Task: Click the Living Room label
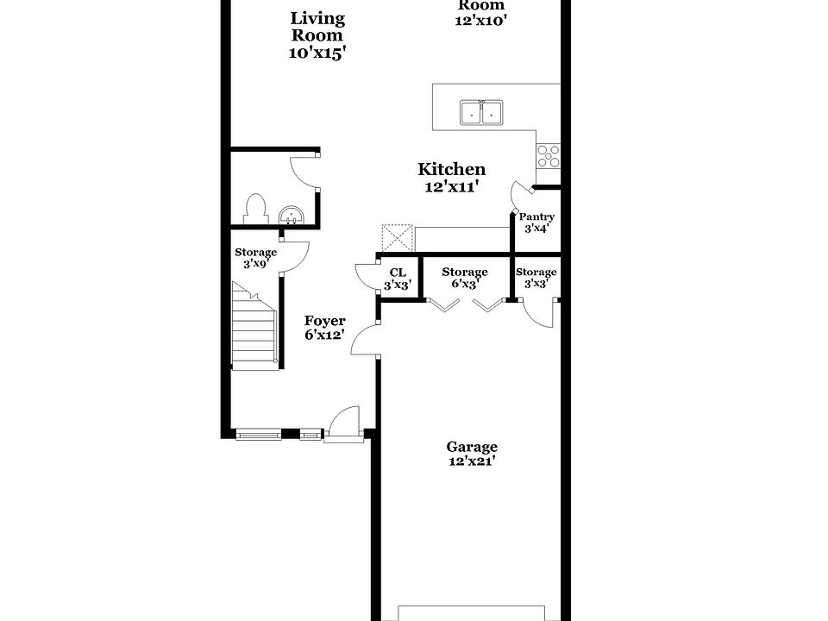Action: [x=317, y=27]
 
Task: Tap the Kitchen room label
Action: [x=451, y=170]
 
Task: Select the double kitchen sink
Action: [x=481, y=112]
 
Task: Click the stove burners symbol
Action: [x=548, y=155]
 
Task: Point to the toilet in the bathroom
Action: [x=254, y=209]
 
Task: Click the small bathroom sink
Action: [x=292, y=215]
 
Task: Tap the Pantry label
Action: [x=536, y=217]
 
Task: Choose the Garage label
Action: [x=472, y=447]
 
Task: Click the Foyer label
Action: [x=324, y=321]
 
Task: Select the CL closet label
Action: [x=398, y=273]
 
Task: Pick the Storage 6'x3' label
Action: [x=465, y=273]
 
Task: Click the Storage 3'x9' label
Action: [x=256, y=253]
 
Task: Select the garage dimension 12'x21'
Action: [x=472, y=461]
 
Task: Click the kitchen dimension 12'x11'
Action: [x=451, y=186]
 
